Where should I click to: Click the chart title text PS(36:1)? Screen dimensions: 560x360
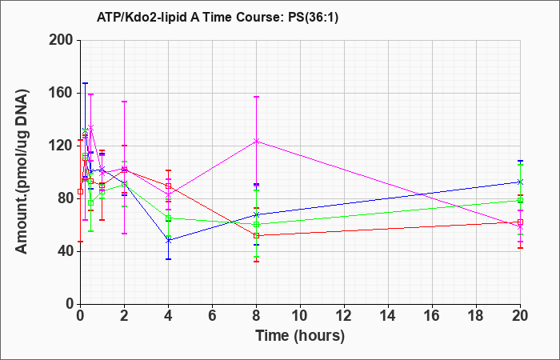(314, 18)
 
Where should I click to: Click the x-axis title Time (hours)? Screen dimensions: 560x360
(300, 336)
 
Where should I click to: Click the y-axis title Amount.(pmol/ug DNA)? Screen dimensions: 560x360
(22, 172)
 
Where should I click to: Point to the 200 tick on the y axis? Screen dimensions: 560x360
(62, 40)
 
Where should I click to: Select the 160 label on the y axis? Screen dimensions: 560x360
(62, 93)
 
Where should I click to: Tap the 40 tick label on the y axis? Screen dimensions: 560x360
(66, 251)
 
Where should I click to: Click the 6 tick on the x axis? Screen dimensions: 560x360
(212, 316)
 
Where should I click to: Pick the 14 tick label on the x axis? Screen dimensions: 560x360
(388, 316)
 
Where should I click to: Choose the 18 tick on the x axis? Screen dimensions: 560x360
(476, 316)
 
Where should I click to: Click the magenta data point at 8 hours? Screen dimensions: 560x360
(257, 141)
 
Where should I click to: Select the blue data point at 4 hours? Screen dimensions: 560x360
(168, 241)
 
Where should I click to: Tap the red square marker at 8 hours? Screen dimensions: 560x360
(257, 236)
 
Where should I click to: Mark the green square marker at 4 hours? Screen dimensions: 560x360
(168, 218)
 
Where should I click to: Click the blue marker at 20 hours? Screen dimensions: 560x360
(520, 182)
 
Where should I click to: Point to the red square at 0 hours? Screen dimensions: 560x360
(80, 191)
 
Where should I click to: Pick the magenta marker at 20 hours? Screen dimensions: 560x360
(520, 227)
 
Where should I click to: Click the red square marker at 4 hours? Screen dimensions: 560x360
(168, 186)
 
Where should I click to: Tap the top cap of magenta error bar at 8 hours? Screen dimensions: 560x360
(257, 97)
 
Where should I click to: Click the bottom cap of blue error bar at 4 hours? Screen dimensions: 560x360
(168, 259)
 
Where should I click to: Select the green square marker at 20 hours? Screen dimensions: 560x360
(520, 200)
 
